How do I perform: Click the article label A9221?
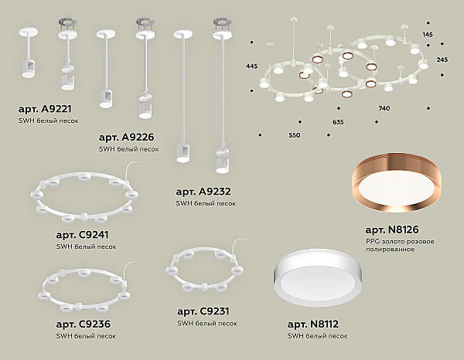pyautogui.click(x=45, y=109)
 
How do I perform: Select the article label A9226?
pyautogui.click(x=126, y=138)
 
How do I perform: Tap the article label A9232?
pyautogui.click(x=203, y=192)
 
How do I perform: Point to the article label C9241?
pyautogui.click(x=82, y=235)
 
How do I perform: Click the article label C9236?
pyautogui.click(x=84, y=324)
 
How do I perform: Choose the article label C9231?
pyautogui.click(x=203, y=311)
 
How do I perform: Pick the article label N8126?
pyautogui.click(x=392, y=229)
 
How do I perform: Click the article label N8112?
pyautogui.click(x=312, y=324)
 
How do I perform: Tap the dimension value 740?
pyautogui.click(x=384, y=108)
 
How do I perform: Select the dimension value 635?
pyautogui.click(x=338, y=122)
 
